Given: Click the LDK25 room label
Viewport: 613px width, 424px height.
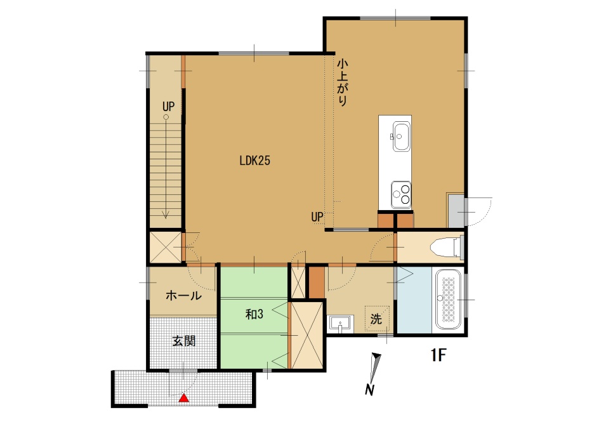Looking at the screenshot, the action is pos(254,161).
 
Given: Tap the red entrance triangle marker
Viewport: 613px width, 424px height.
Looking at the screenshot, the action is pos(183,398).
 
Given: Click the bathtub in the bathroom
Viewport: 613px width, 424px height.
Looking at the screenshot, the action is pos(449,300).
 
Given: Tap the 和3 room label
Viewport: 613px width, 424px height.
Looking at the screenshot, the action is pos(254,314).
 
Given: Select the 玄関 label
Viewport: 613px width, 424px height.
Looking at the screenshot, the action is pos(184,341).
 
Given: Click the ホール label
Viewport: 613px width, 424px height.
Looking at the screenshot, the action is pos(183,295).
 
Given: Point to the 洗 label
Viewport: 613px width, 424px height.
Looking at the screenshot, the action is pos(376,319).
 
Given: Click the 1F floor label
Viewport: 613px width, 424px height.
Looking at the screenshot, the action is pos(438,355).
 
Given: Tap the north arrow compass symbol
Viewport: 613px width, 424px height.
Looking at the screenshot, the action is pos(374,373).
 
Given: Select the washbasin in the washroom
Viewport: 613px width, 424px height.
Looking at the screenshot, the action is pos(341,324).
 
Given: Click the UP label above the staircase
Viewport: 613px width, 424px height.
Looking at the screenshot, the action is pos(169,107).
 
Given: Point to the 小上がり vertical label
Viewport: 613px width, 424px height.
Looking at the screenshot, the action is pos(343,82).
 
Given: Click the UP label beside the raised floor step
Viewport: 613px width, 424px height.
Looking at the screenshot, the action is pos(317,216).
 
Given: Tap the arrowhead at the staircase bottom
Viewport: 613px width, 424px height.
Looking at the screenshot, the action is pos(166,215).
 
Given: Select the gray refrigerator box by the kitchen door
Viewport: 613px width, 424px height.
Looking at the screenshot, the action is pos(456,211).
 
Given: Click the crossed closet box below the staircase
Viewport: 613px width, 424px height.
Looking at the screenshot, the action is pos(166,248).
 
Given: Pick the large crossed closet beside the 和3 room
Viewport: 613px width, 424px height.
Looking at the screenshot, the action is pos(307,335).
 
